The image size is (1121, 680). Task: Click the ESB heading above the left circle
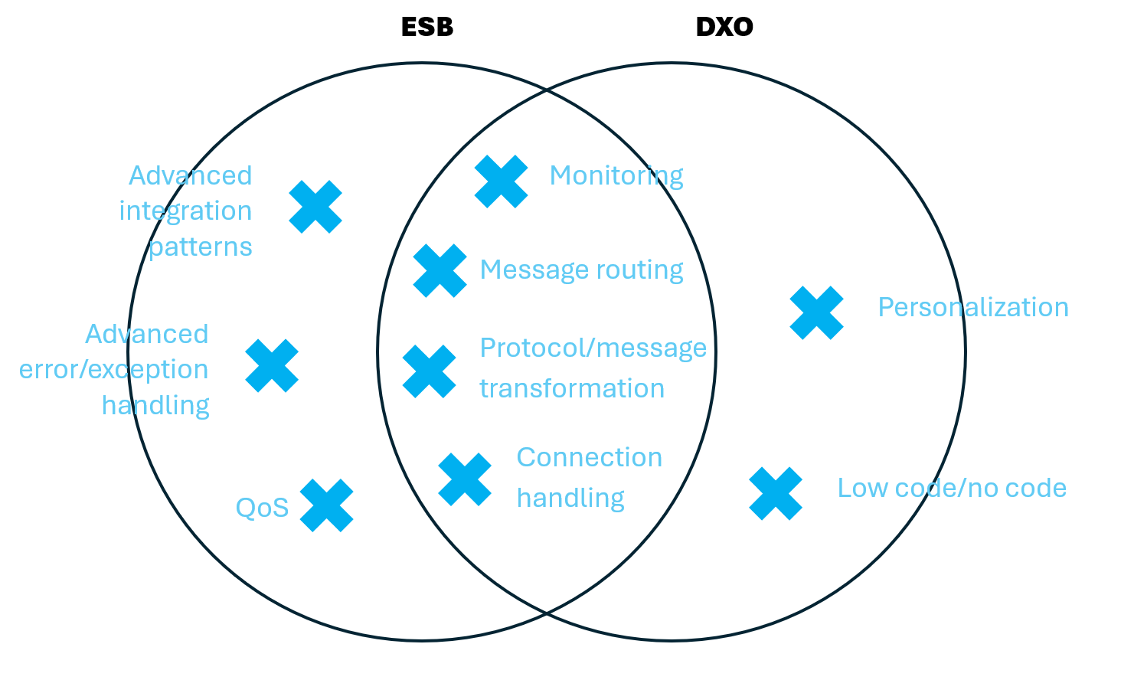tap(427, 28)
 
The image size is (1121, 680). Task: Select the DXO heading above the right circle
tap(724, 28)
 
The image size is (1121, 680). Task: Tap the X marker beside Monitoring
tap(502, 181)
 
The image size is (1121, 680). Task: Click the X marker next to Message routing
tap(440, 270)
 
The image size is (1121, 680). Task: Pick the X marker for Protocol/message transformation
tap(429, 371)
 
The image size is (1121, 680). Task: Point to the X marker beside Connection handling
tap(465, 479)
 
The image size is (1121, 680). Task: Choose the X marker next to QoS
tap(327, 505)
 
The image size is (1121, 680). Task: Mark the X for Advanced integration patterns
tap(315, 207)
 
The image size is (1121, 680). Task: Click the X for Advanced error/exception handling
tap(272, 365)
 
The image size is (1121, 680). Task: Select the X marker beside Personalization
tap(816, 312)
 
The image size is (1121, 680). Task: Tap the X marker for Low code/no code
tap(776, 493)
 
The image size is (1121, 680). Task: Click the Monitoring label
tap(616, 176)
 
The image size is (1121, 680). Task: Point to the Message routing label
tap(581, 270)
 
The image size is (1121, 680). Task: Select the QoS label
tap(262, 508)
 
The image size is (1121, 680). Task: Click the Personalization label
tap(973, 307)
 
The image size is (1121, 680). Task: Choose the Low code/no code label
tap(952, 488)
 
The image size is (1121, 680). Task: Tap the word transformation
tap(572, 388)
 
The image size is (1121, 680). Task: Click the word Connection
tap(589, 457)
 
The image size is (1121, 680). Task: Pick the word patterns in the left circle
tap(200, 247)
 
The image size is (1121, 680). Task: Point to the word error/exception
tap(114, 370)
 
